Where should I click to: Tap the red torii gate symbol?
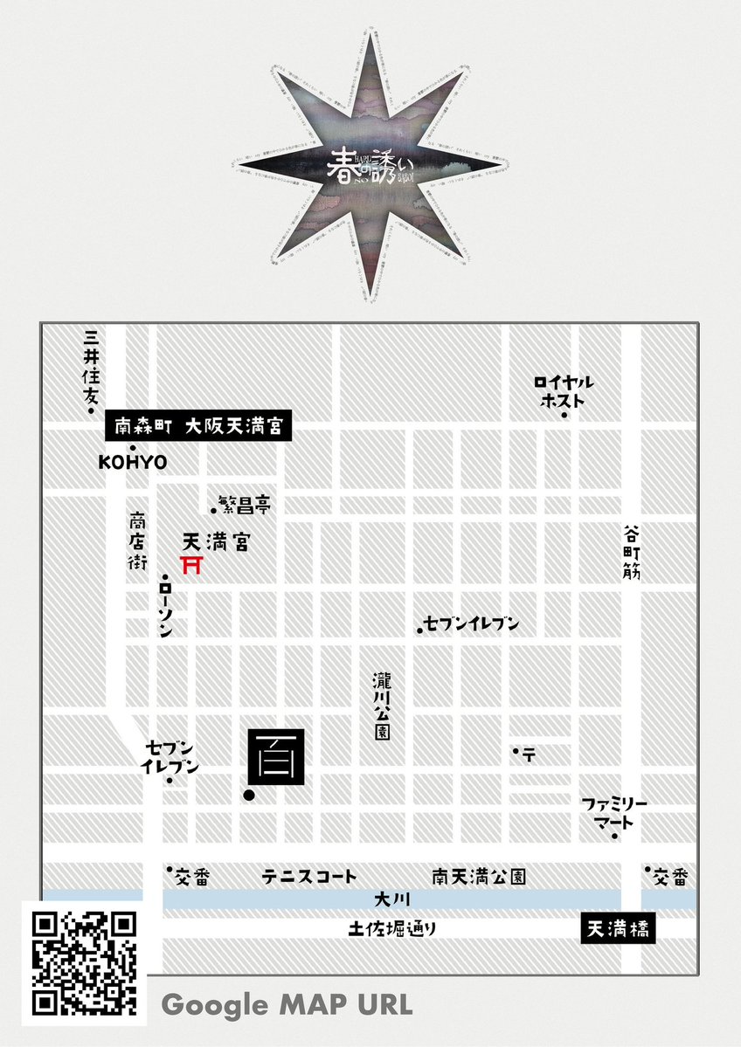click(x=191, y=565)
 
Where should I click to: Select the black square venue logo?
click(x=276, y=754)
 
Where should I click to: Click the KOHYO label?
click(x=133, y=462)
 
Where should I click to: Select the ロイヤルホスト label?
click(x=564, y=391)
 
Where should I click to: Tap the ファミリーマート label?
click(x=615, y=813)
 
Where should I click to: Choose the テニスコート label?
click(x=309, y=876)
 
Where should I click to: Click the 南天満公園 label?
click(x=480, y=876)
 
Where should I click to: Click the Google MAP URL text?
click(x=287, y=1004)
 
